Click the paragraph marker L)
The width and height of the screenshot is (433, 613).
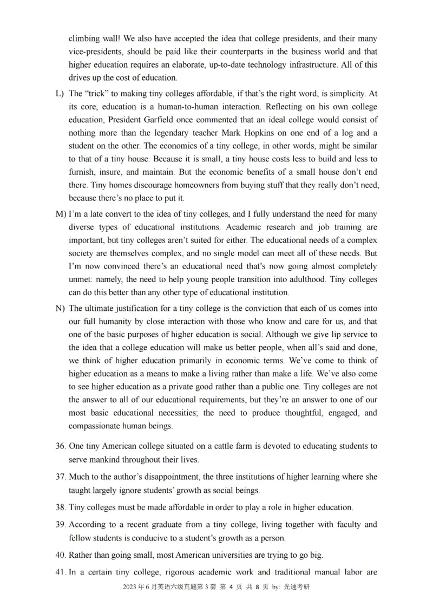[x=60, y=94]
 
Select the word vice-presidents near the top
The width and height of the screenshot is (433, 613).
[x=94, y=52]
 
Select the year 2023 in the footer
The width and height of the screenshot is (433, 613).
[x=130, y=587]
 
